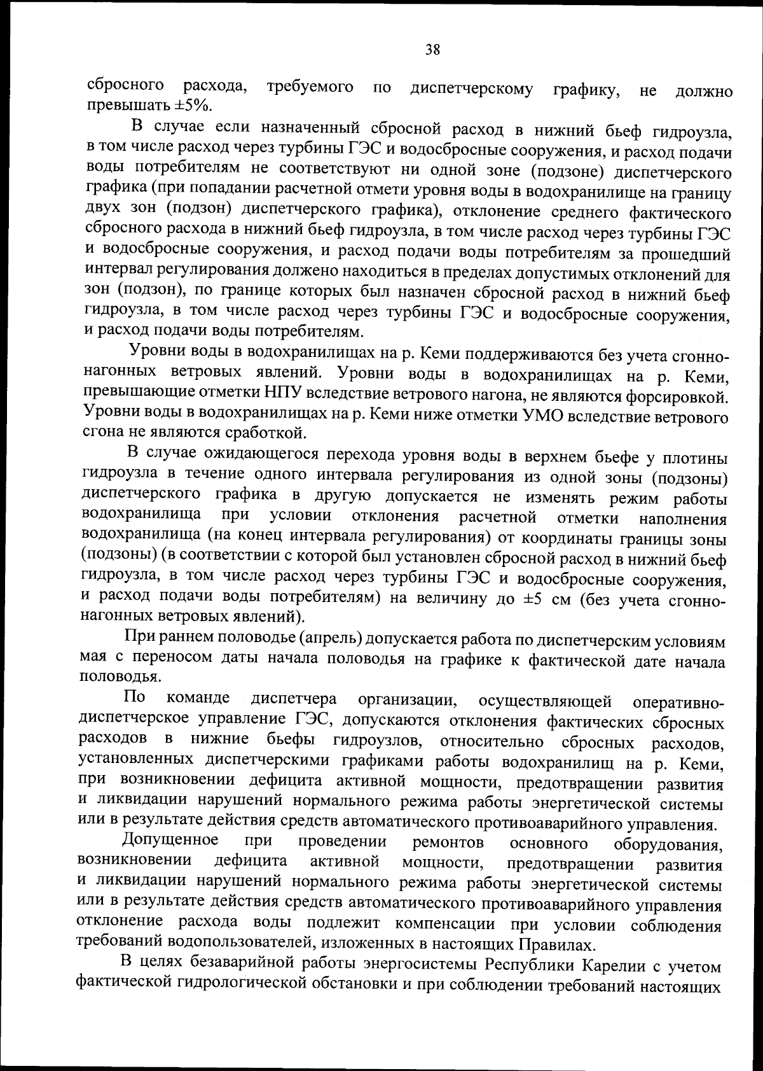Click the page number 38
point(432,50)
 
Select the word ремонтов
point(448,843)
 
